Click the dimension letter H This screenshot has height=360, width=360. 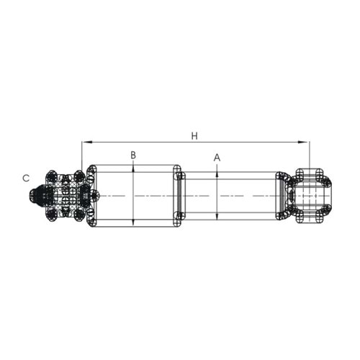tap(194, 135)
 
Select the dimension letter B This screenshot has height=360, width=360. tap(133, 155)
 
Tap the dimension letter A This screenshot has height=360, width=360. tap(217, 157)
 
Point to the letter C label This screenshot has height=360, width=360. tap(26, 178)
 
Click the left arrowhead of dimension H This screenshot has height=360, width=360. tap(85, 142)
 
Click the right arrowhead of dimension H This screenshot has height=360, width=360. tap(306, 142)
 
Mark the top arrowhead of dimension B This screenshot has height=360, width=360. tap(133, 168)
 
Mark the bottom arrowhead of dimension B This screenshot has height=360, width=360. tap(133, 224)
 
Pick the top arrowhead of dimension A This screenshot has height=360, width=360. tap(217, 174)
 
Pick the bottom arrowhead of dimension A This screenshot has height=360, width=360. tap(217, 217)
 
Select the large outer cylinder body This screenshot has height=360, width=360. tap(133, 196)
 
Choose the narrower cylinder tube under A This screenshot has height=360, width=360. tap(230, 196)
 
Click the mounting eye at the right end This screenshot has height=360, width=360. tap(312, 195)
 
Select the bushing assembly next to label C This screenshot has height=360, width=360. tap(65, 195)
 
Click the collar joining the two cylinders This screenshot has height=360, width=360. tap(179, 196)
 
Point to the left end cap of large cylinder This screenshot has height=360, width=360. tap(91, 196)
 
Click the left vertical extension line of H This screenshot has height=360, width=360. tap(82, 155)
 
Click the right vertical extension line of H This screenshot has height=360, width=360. tap(309, 155)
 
